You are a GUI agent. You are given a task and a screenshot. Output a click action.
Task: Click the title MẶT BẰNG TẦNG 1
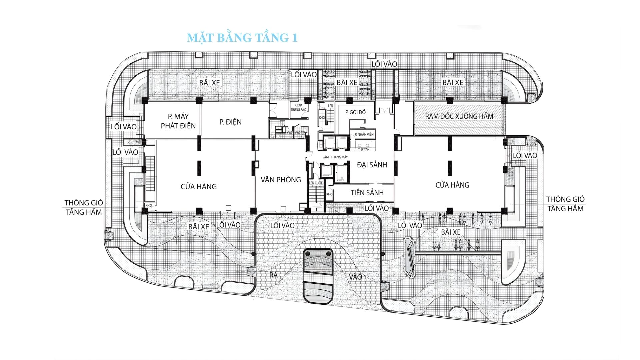click(x=242, y=38)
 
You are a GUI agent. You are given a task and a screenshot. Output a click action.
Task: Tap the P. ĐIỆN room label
click(x=230, y=122)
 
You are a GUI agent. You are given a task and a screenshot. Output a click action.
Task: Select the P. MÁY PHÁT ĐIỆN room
click(x=178, y=121)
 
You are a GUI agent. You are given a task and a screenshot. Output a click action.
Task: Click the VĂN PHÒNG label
click(x=281, y=180)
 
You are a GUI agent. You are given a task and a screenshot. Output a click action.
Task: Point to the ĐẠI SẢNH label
click(x=372, y=165)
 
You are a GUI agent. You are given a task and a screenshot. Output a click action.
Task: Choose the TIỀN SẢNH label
click(x=367, y=193)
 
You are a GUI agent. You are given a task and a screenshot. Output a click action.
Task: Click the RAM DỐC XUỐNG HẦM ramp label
click(x=459, y=116)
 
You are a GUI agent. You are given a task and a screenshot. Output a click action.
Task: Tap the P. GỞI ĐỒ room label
click(x=355, y=112)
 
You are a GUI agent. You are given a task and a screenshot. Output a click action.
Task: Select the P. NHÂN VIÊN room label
click(x=364, y=134)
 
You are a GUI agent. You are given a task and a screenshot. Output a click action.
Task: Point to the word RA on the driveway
click(x=274, y=275)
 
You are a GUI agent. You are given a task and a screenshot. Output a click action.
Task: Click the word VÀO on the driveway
click(x=355, y=277)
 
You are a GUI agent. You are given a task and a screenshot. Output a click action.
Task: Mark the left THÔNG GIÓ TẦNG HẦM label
click(x=84, y=207)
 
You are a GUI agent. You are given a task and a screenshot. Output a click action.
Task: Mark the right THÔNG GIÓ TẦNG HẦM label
click(x=565, y=204)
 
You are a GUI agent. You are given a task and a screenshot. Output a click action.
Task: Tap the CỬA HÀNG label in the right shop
click(x=452, y=185)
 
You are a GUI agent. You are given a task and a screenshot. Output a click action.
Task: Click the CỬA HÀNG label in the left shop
click(x=199, y=187)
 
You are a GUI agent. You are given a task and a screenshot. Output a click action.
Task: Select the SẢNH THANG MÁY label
click(x=335, y=157)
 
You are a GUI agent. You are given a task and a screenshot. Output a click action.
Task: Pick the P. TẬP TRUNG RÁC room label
click(x=298, y=107)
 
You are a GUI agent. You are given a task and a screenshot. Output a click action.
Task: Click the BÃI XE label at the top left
click(x=210, y=83)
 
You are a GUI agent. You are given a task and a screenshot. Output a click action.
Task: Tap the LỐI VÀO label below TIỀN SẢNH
click(x=376, y=208)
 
